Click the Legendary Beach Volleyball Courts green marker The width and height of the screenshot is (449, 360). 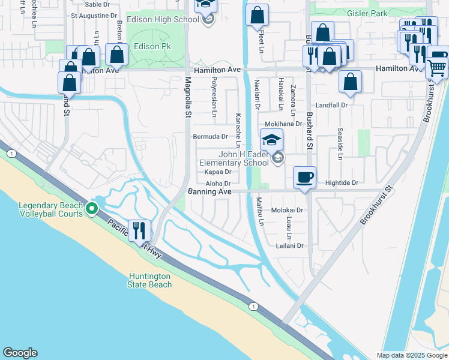tap(91, 208)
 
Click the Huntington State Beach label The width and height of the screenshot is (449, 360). tap(149, 280)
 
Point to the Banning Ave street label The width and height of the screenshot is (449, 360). tap(209, 191)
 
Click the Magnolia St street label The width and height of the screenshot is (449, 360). tap(188, 96)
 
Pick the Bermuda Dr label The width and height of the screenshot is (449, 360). tap(210, 137)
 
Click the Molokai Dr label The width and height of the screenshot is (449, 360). tap(288, 211)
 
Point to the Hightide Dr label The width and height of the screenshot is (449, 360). tap(342, 182)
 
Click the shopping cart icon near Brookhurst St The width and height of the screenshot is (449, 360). tap(437, 68)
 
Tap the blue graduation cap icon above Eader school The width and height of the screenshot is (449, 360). tap(271, 140)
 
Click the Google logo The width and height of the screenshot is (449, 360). tap(20, 353)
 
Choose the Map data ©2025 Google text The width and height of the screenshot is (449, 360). tap(411, 355)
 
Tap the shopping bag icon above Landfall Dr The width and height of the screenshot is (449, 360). tap(350, 81)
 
